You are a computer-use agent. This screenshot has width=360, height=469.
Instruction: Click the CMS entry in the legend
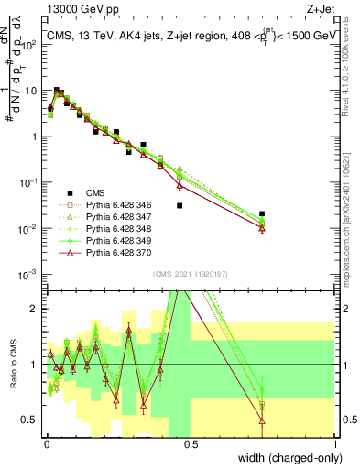[x=95, y=191]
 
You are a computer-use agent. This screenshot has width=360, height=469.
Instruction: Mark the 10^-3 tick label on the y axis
[x=27, y=274]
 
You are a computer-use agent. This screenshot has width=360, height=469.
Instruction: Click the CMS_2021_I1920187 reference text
[x=191, y=274]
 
